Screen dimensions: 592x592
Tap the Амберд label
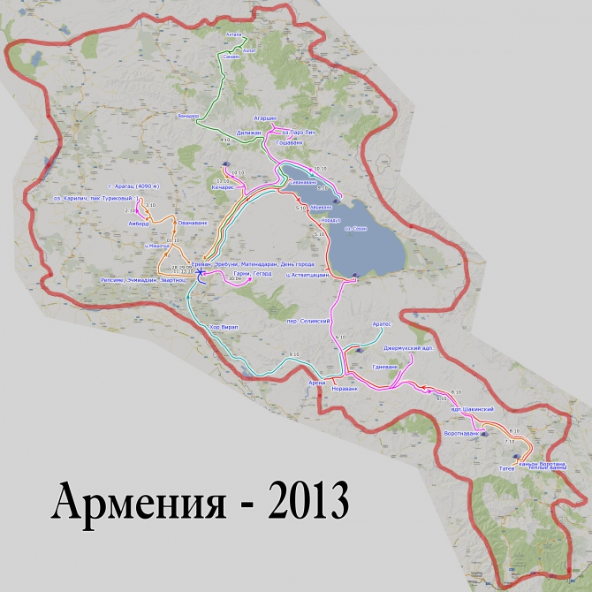click(140, 224)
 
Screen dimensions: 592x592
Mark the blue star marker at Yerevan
click(201, 273)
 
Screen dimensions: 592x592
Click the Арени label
click(316, 382)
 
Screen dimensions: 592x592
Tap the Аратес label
click(381, 325)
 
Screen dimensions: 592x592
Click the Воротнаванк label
click(460, 434)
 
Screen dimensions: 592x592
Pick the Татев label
click(507, 467)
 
